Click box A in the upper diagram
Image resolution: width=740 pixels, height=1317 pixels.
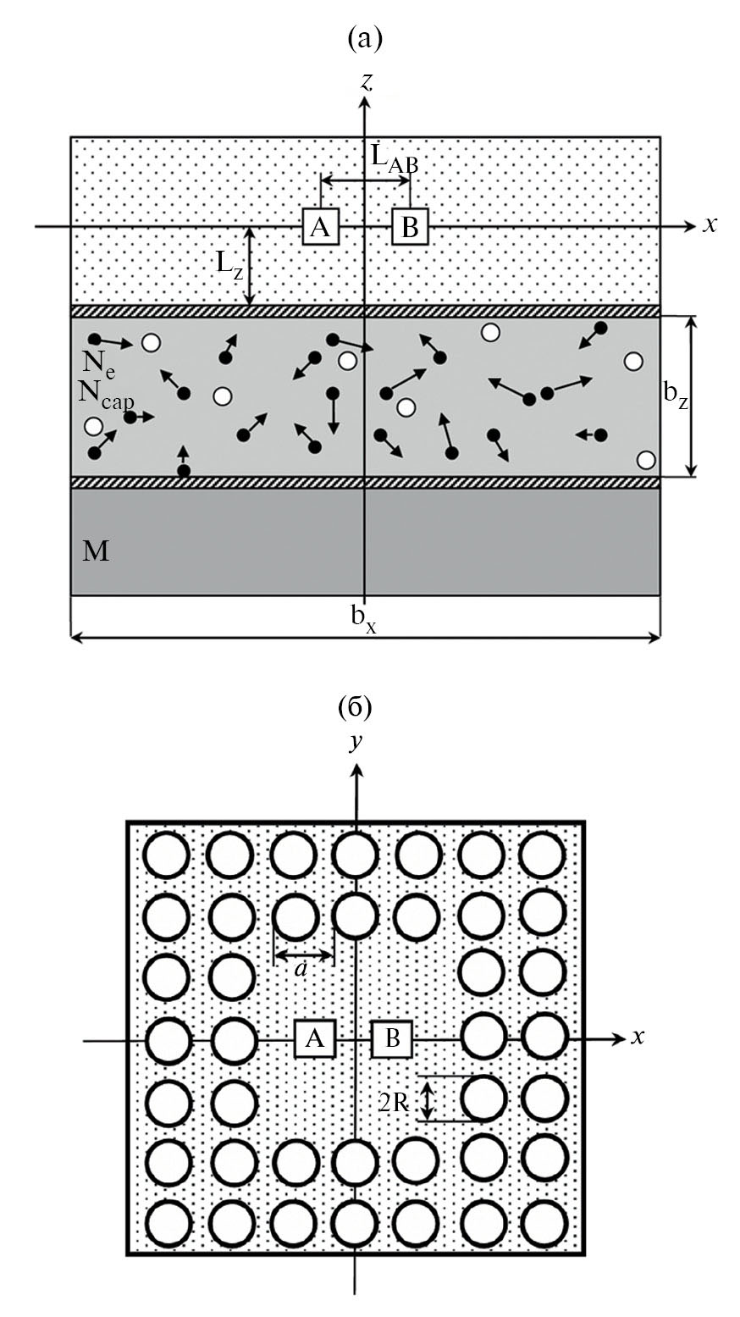[x=320, y=226]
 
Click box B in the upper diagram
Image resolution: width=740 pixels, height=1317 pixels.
[x=410, y=226]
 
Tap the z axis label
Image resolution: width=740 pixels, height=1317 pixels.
[x=367, y=82]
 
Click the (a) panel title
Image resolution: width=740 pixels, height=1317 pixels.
[x=365, y=38]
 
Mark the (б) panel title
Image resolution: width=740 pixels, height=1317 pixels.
[x=355, y=705]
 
